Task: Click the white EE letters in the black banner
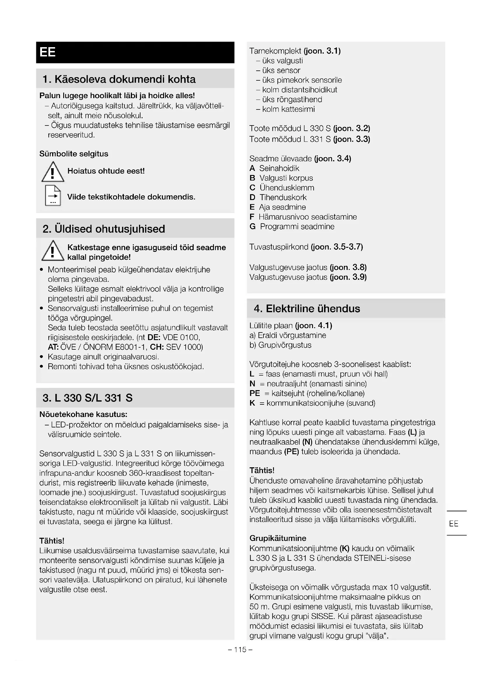click(x=48, y=52)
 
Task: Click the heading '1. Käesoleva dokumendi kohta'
click(x=119, y=79)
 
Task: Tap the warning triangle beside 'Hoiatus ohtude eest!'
click(x=52, y=172)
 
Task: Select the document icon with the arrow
click(x=53, y=195)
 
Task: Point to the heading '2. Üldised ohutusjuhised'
click(x=103, y=229)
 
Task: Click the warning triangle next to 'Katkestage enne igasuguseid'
click(x=52, y=251)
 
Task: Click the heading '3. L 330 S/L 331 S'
click(x=87, y=398)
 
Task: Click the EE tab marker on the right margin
click(x=453, y=523)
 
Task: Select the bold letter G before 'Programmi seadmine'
click(x=253, y=227)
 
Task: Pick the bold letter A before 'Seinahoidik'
click(x=252, y=169)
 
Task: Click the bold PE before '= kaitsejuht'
click(x=255, y=393)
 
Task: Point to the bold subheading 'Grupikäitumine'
click(x=278, y=538)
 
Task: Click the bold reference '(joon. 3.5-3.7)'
click(x=337, y=247)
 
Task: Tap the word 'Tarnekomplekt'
click(x=275, y=51)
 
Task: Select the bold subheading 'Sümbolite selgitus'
click(x=74, y=154)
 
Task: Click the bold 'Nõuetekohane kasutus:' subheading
click(x=83, y=414)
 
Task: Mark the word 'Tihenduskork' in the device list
click(x=283, y=197)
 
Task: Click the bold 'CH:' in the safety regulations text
click(x=156, y=347)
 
